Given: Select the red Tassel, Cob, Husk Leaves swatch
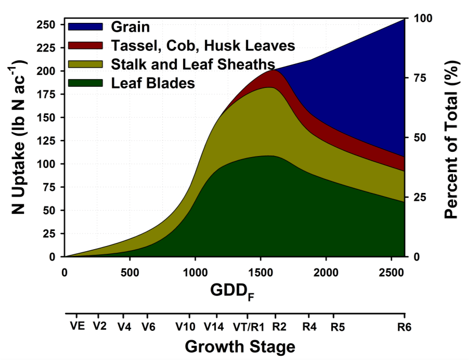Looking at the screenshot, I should [x=86, y=46].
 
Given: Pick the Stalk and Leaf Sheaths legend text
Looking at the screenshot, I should [x=192, y=64].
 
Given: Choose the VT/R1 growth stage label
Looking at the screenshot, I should [x=248, y=327].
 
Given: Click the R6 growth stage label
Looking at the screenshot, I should [x=404, y=327].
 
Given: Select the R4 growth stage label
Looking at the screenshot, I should [x=309, y=327].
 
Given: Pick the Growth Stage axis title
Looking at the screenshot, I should [x=240, y=346].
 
